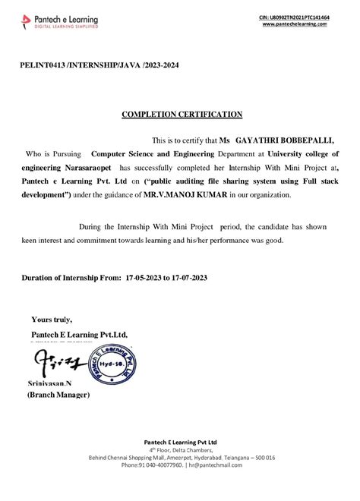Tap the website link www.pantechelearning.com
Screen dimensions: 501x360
295,24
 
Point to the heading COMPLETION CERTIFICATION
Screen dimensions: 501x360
182,115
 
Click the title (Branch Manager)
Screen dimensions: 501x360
59,395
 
